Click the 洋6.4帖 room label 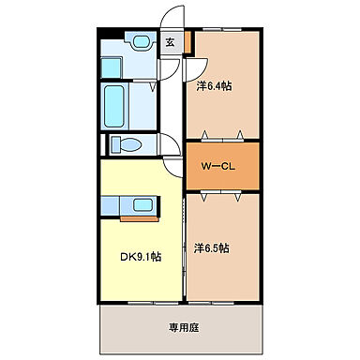(214, 86)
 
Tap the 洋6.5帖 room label (214, 248)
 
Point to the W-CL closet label (216, 164)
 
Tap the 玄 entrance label (170, 41)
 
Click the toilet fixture (125, 145)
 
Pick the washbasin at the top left (141, 42)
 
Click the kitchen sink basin (142, 205)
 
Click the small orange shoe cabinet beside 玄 (187, 42)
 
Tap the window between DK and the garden (142, 302)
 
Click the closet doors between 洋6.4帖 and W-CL (220, 137)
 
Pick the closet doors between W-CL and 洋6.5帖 (220, 193)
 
